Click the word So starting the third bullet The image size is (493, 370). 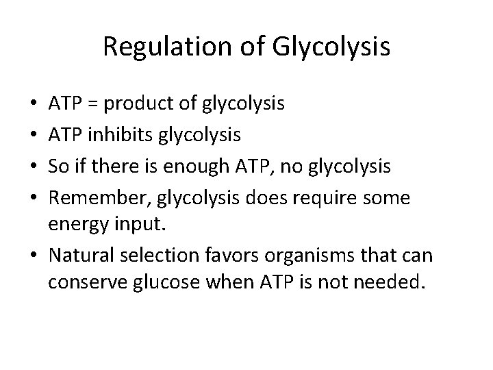[x=58, y=166]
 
